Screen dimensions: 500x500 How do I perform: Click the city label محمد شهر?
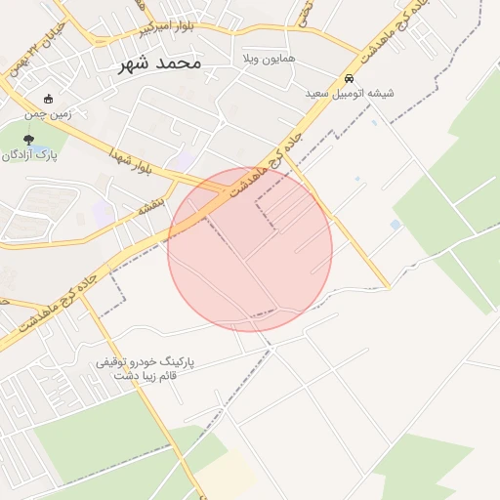coord(159,63)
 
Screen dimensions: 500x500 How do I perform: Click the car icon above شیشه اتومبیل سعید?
coord(349,79)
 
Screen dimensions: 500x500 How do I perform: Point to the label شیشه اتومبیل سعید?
coord(349,94)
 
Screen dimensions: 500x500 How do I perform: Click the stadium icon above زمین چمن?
coord(49,99)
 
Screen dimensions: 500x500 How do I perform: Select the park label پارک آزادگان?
coord(30,155)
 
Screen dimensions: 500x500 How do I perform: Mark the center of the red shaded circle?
coord(250,249)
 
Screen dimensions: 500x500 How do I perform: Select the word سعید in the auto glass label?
coord(317,94)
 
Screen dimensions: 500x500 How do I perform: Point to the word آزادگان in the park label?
coord(21,155)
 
